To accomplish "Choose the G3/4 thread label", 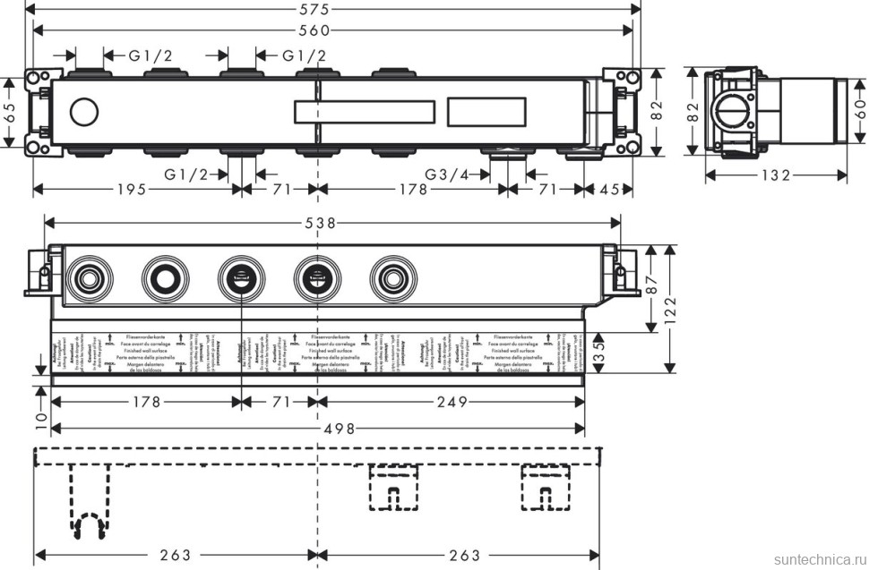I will pyautogui.click(x=447, y=174).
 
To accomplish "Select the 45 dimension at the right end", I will pyautogui.click(x=611, y=189).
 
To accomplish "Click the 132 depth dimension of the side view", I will pyautogui.click(x=778, y=175).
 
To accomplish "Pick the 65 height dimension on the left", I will pyautogui.click(x=10, y=112).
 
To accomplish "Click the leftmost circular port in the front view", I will pyautogui.click(x=89, y=276).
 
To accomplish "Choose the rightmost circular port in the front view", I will pyautogui.click(x=391, y=276).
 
